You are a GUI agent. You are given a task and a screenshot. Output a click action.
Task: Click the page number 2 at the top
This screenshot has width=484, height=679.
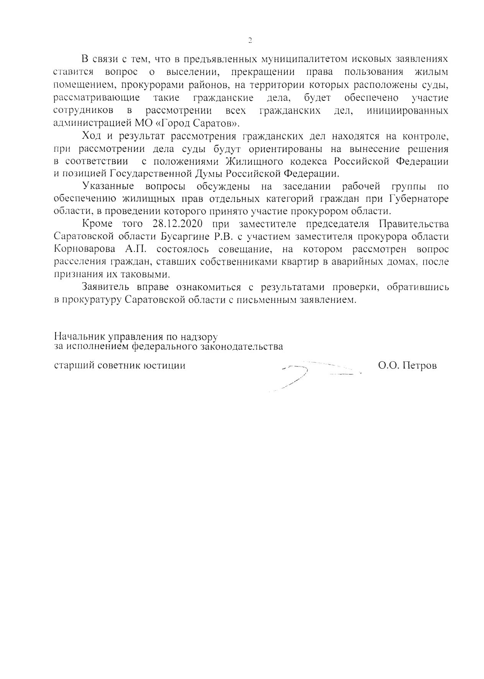(x=250, y=40)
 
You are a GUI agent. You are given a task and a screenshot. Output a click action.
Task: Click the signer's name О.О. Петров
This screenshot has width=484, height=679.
(x=407, y=365)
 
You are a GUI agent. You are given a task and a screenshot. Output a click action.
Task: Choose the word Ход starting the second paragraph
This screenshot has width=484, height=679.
(x=92, y=136)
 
